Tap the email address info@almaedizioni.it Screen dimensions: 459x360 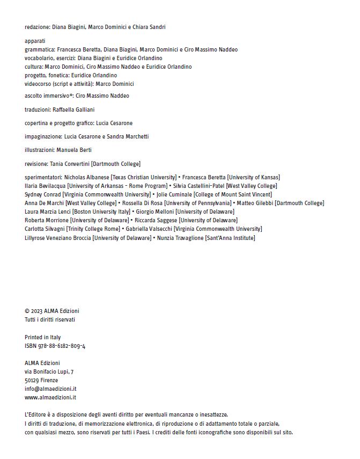[50, 389]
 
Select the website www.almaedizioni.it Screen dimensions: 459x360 [50, 397]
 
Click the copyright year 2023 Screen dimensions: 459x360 [36, 311]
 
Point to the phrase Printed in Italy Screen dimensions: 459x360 [43, 338]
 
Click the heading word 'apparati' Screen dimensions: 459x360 [35, 41]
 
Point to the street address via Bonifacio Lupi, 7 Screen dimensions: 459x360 [49, 371]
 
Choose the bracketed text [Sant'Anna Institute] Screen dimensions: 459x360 [230, 237]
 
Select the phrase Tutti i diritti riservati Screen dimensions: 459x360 [50, 319]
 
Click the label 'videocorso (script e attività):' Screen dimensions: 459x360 [59, 84]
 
